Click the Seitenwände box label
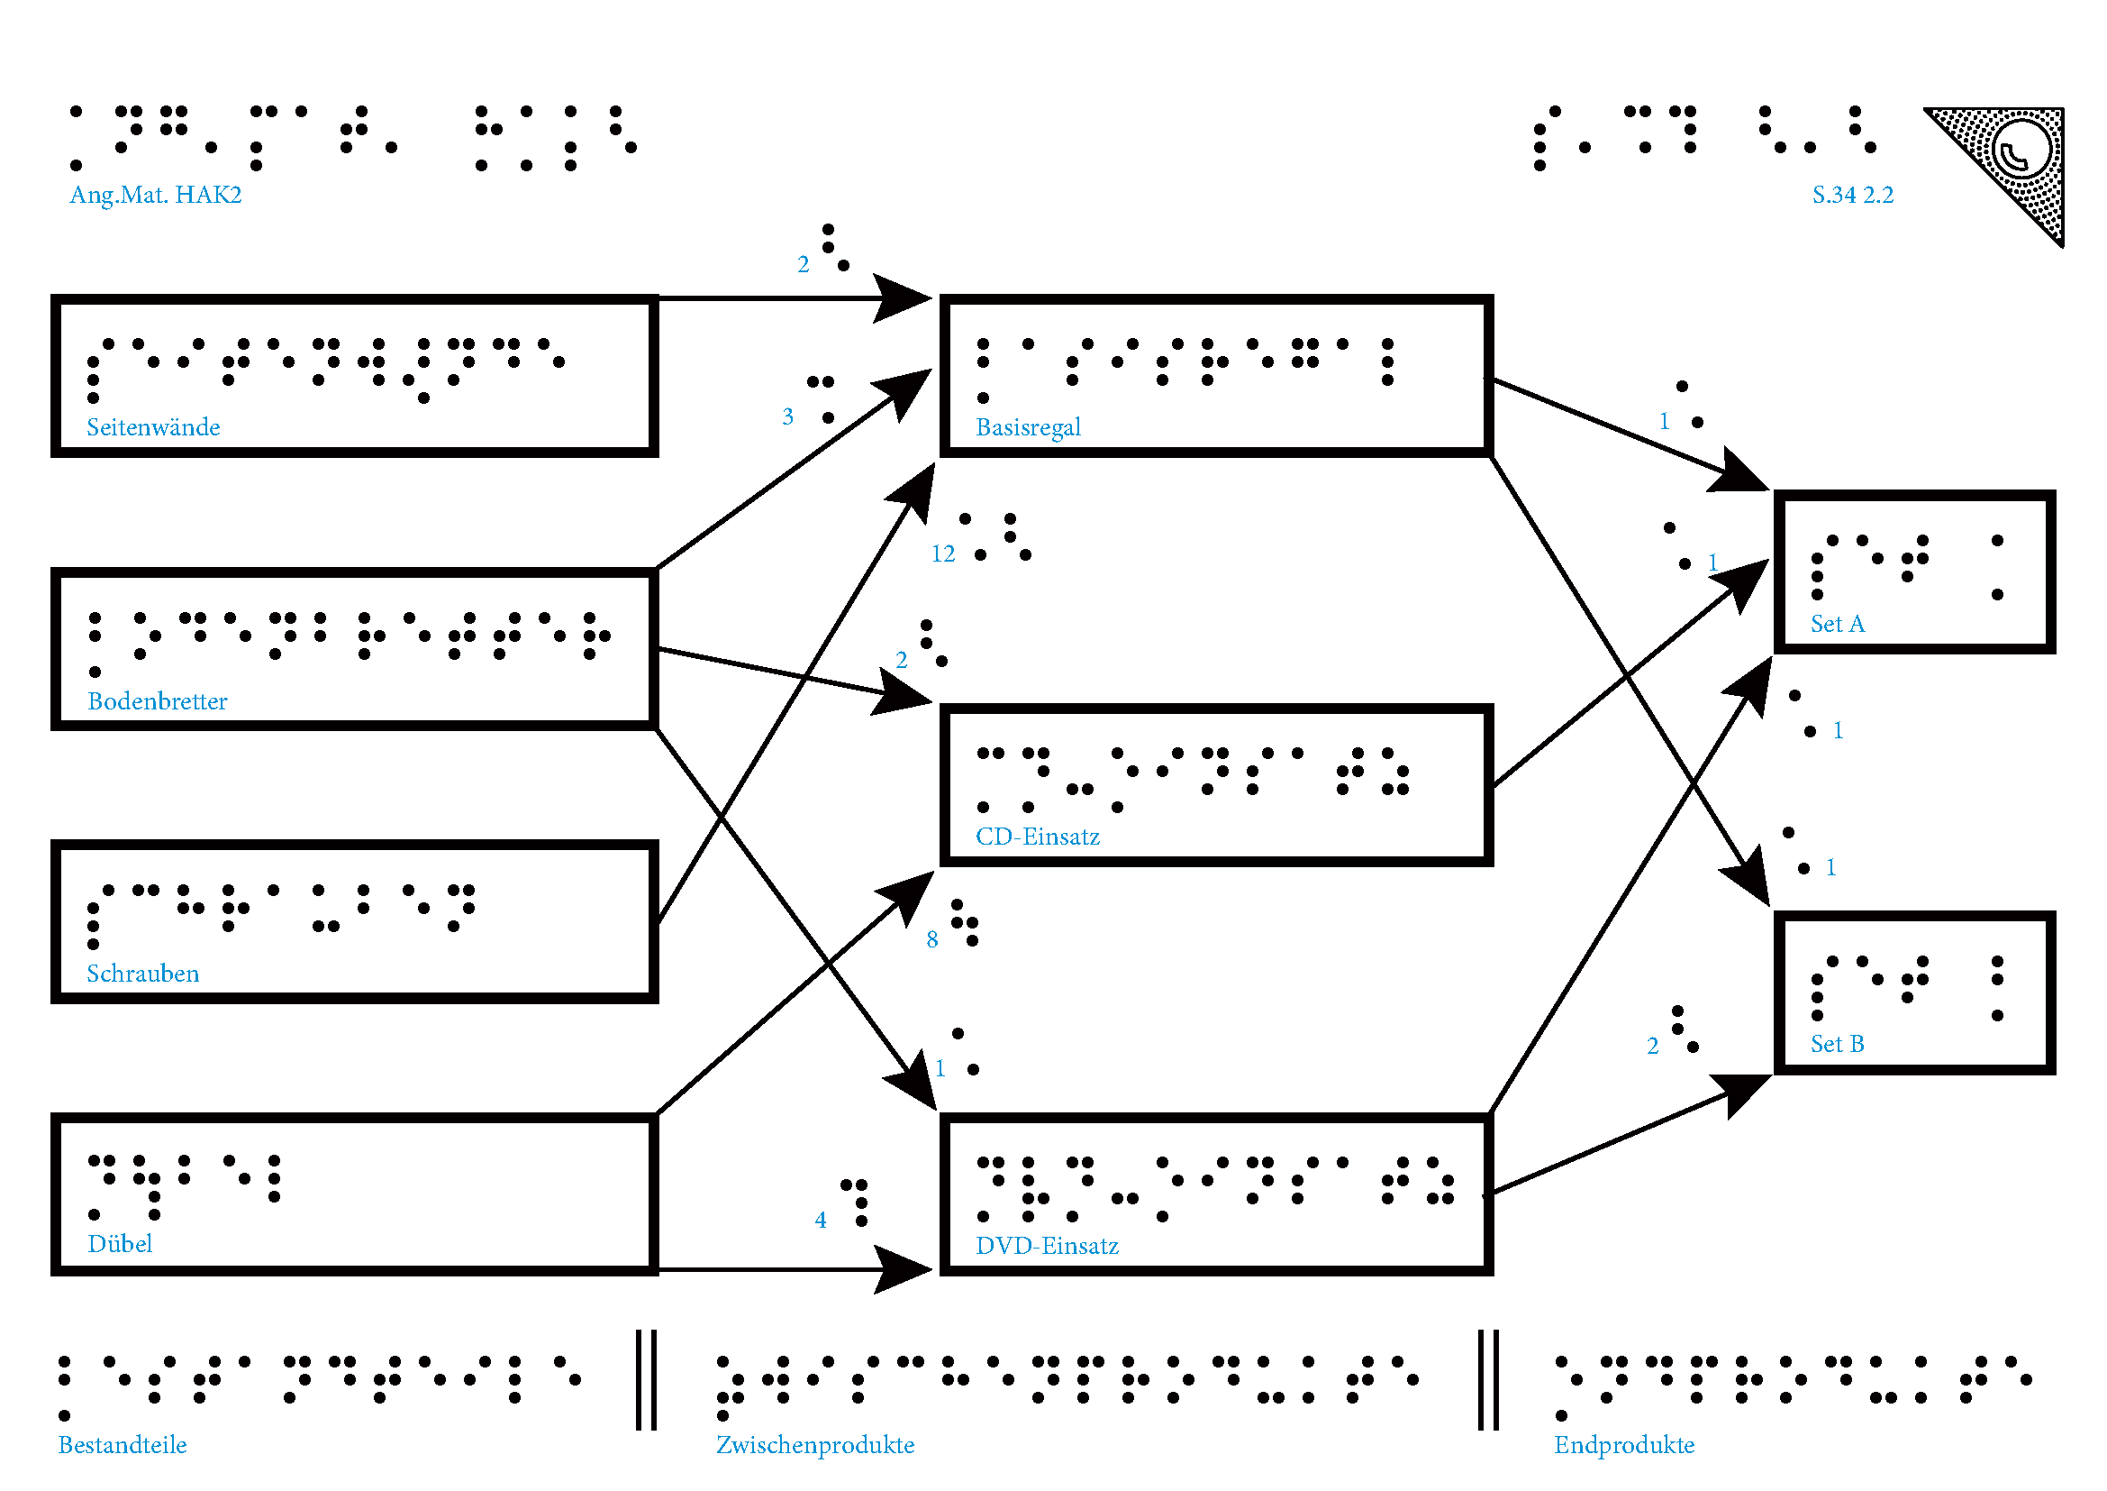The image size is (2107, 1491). point(153,427)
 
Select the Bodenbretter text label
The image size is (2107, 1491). point(157,701)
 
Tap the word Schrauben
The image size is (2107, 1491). point(142,974)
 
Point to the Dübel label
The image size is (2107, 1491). point(119,1244)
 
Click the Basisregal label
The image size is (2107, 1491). point(1028,427)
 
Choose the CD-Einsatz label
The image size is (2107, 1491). point(1037,837)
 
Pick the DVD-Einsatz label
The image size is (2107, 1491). point(1046,1246)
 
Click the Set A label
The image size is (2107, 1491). point(1837,625)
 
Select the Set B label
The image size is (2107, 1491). point(1837,1044)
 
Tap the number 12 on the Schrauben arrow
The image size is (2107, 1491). point(942,553)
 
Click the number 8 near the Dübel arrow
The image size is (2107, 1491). point(931,939)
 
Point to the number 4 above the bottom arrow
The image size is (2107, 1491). point(821,1221)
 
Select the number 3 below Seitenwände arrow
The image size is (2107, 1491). point(787,416)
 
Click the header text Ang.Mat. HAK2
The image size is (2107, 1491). point(155,195)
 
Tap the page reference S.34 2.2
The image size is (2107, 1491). point(1852,195)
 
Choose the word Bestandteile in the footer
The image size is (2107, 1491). point(122,1445)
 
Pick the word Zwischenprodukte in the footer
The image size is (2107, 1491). point(815,1445)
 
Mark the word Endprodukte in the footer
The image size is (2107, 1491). point(1623,1445)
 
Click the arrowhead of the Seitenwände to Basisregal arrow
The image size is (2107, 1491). point(904,298)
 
